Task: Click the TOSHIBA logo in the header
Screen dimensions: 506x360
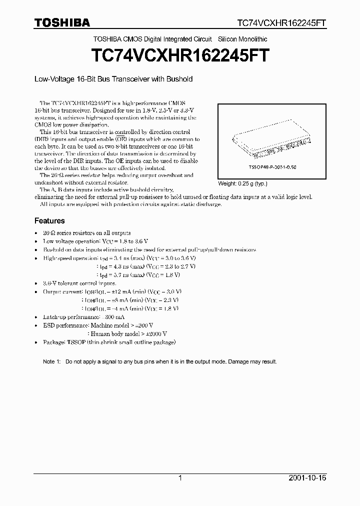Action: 62,22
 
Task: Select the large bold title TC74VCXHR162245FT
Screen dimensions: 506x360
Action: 180,55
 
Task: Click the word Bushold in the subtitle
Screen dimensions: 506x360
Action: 179,79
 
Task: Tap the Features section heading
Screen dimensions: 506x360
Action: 49,220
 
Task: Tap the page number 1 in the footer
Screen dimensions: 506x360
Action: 180,478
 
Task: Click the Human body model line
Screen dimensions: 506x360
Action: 127,334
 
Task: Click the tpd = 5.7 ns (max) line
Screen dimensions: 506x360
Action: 137,274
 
